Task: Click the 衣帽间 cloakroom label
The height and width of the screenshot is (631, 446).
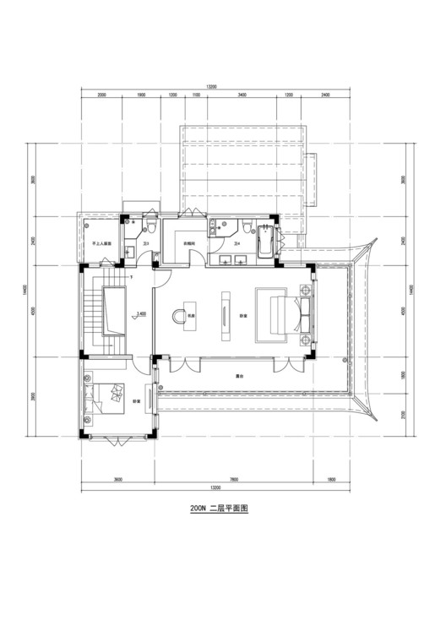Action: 190,243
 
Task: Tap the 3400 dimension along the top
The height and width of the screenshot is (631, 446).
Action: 242,95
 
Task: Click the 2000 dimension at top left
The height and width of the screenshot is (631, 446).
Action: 101,95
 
